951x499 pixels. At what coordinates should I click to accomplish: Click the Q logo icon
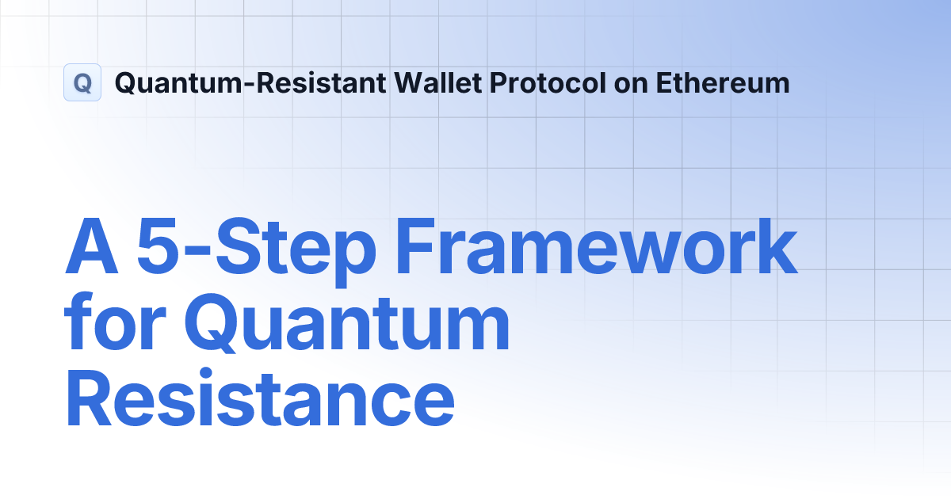coord(82,82)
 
